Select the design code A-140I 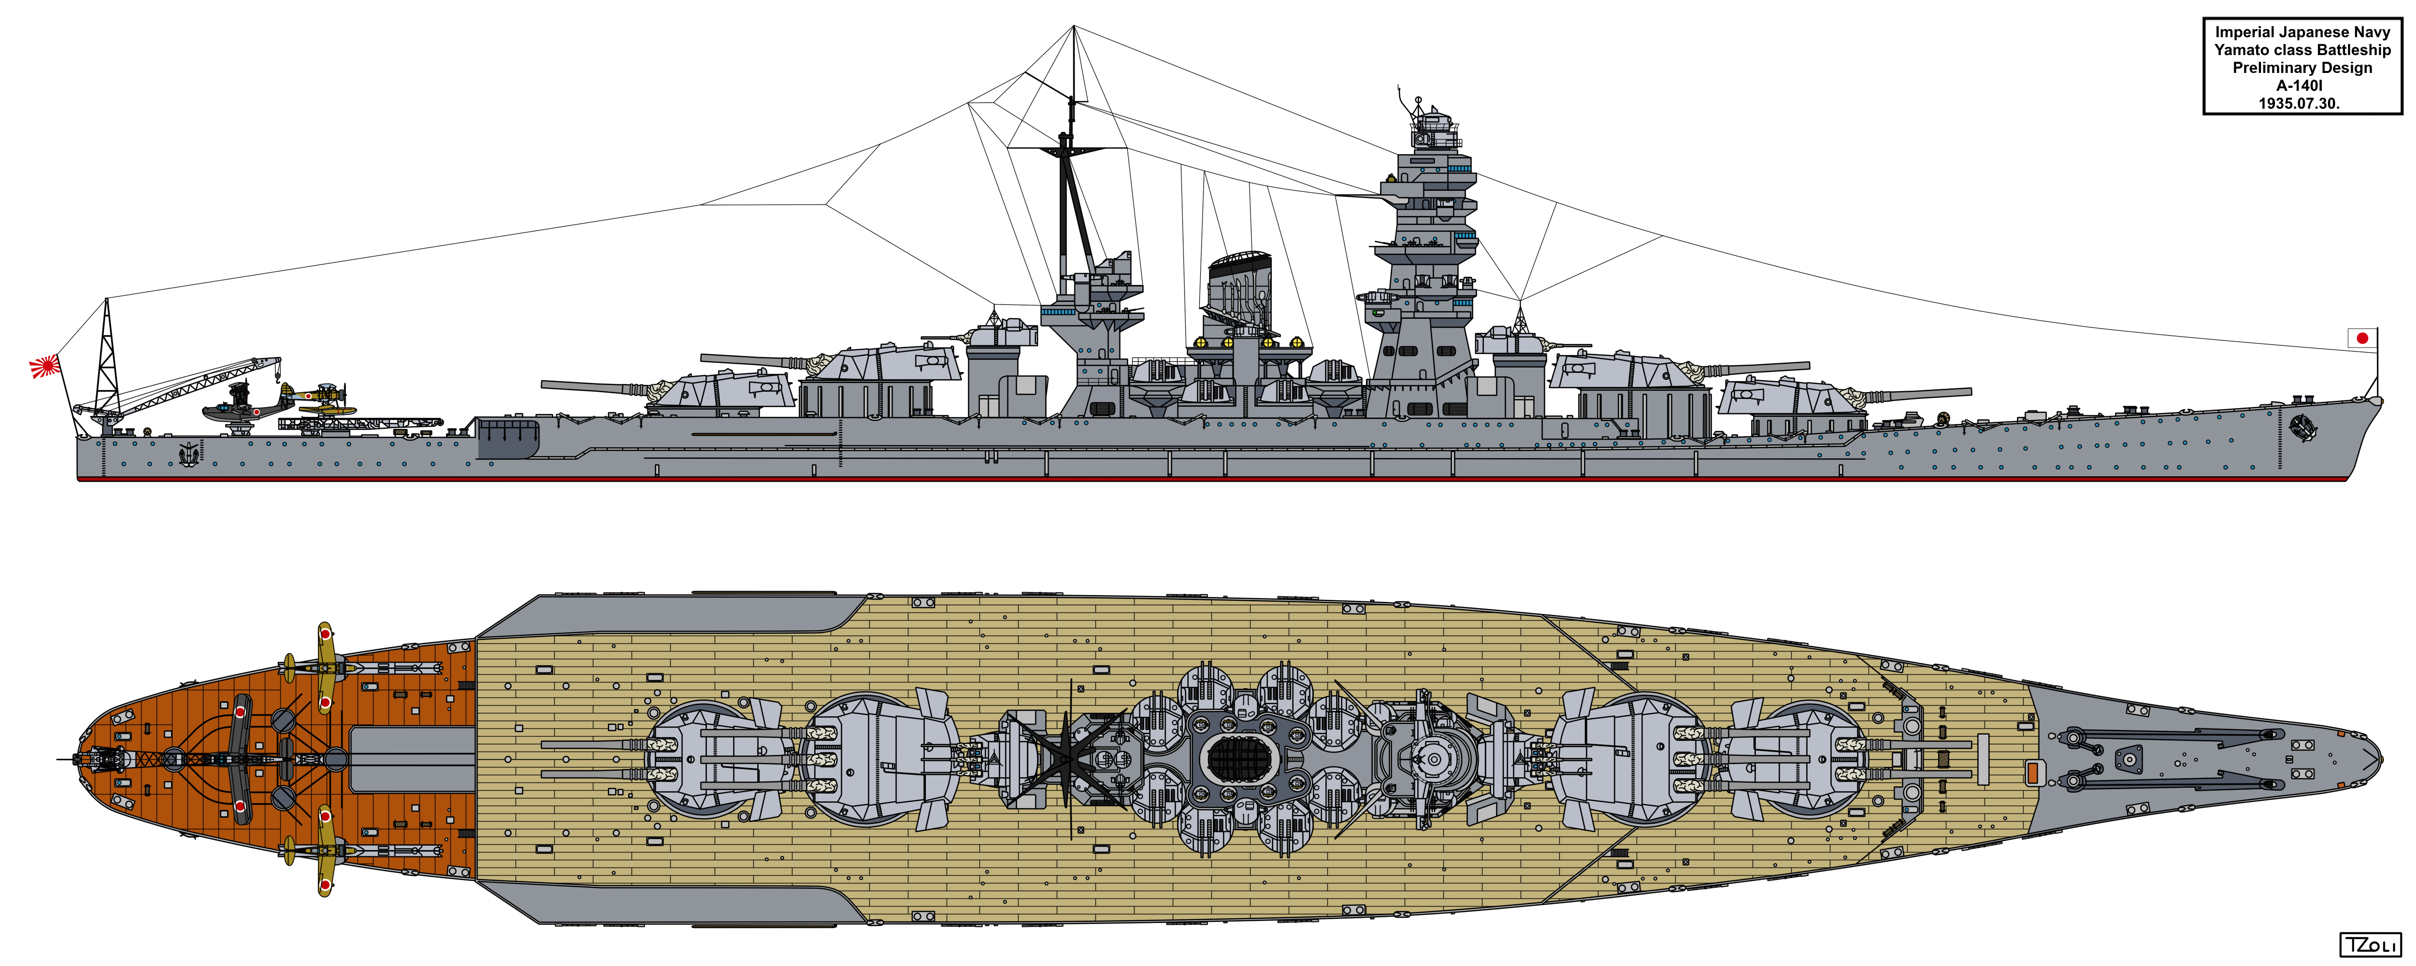(2300, 85)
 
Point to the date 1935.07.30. (2300, 103)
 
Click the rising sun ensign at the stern (44, 366)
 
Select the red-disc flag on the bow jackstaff (2361, 338)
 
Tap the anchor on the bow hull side (2302, 426)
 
